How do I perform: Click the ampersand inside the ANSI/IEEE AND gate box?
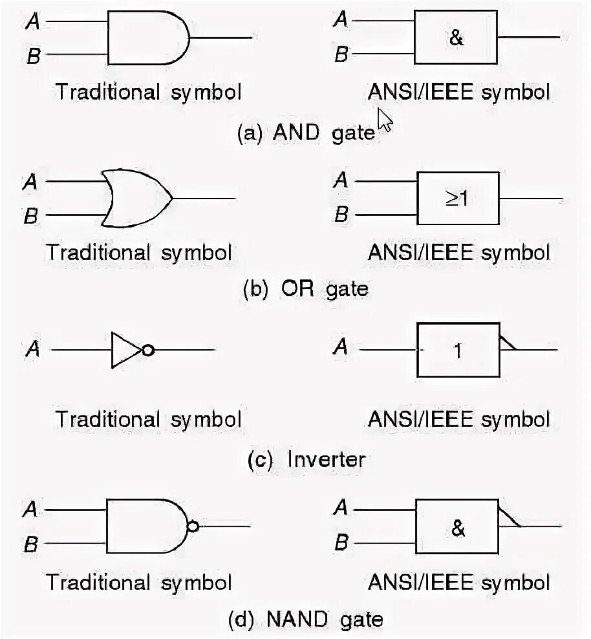[x=457, y=38]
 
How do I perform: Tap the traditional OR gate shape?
[x=136, y=199]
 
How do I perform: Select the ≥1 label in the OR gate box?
[x=458, y=198]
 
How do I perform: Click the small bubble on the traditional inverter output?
[x=149, y=351]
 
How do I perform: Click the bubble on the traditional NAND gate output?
[x=192, y=526]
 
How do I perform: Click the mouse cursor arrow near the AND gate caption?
[x=384, y=120]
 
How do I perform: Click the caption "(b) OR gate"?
[x=305, y=288]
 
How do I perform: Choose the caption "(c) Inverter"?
[x=306, y=460]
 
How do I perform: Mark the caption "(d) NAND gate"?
[x=306, y=620]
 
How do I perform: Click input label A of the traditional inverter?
[x=32, y=350]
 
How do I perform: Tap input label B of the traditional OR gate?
[x=30, y=216]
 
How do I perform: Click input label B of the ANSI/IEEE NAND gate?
[x=341, y=543]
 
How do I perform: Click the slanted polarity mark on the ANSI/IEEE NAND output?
[x=510, y=517]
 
